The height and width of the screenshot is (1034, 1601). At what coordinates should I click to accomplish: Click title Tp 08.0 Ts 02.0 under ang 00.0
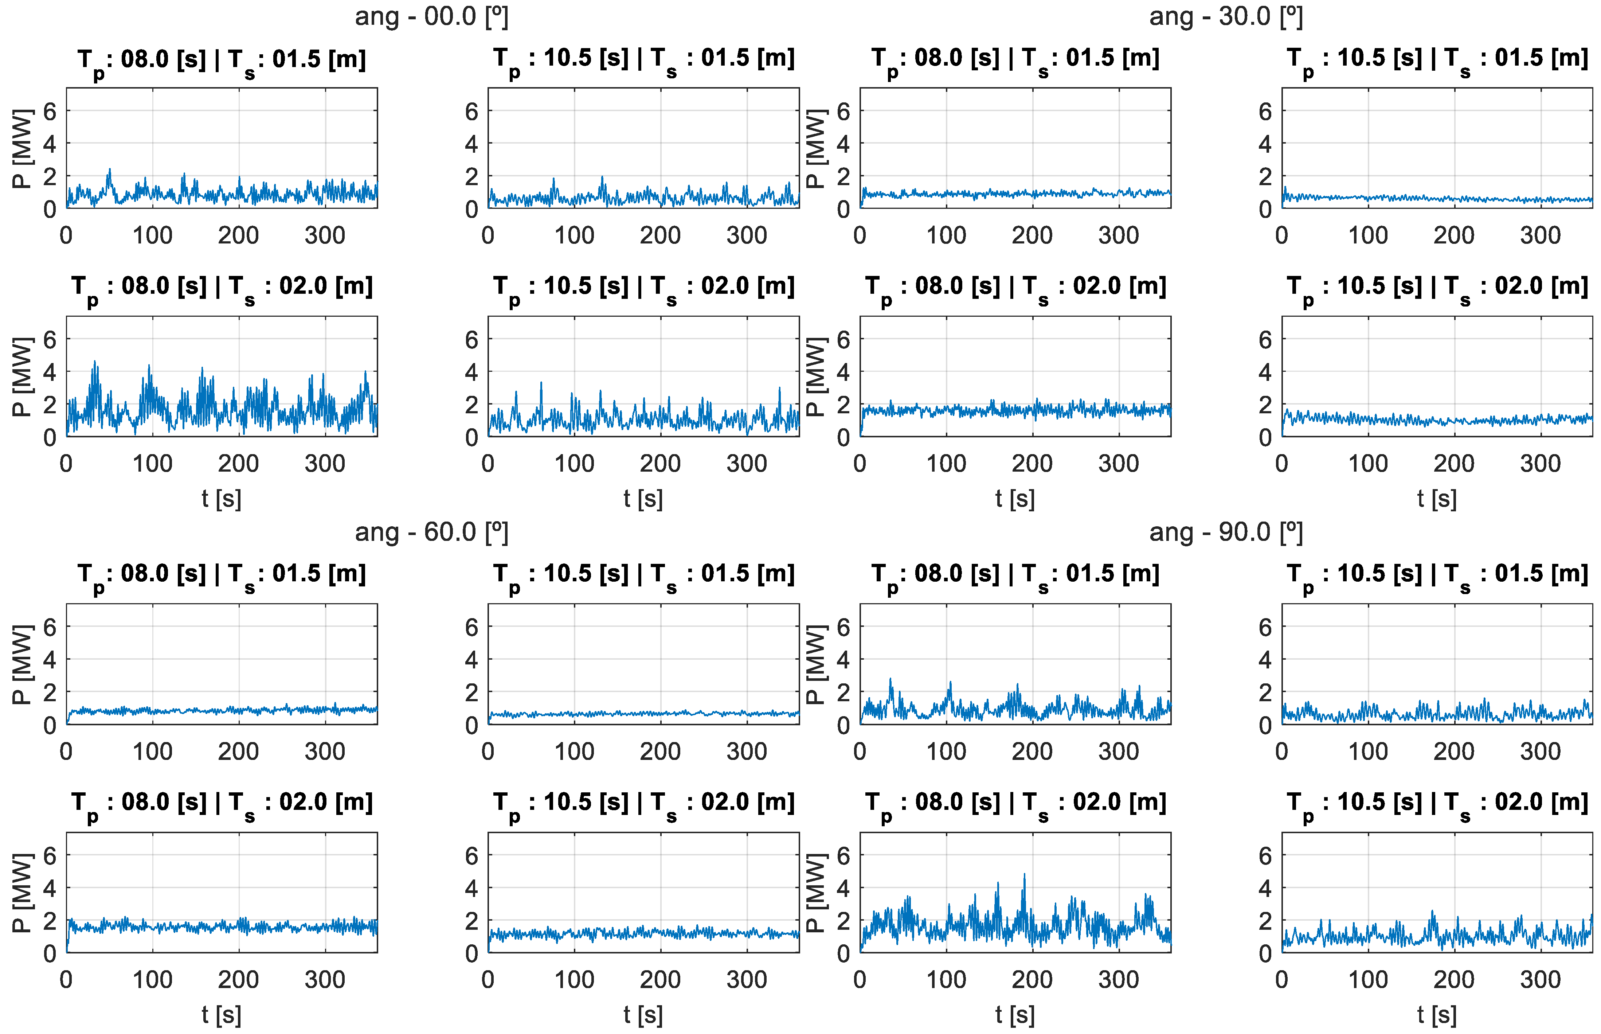click(222, 287)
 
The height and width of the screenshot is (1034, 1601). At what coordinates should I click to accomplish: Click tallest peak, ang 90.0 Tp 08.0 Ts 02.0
click(1024, 874)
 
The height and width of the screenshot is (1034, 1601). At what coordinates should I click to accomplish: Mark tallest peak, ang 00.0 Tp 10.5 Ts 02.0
click(541, 383)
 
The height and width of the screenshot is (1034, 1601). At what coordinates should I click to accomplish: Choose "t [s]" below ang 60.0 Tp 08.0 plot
click(222, 1015)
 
